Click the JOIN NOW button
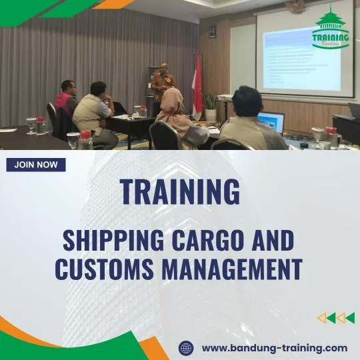[x=36, y=165]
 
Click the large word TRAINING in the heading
[x=179, y=192]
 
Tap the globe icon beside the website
[x=186, y=347]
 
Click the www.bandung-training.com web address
[x=274, y=347]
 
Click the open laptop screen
[x=271, y=122]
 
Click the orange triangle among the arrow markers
[x=321, y=318]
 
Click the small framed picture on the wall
[x=212, y=31]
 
